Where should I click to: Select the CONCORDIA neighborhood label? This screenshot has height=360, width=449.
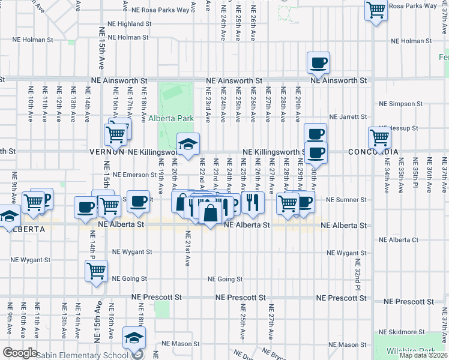click(x=373, y=152)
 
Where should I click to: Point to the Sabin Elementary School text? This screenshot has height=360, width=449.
click(x=83, y=355)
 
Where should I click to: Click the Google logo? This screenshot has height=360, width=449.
click(x=19, y=353)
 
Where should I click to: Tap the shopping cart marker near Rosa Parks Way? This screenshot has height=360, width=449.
click(x=376, y=10)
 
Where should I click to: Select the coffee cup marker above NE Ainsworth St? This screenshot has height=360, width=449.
click(x=318, y=62)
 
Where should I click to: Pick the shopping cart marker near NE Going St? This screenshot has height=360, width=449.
click(x=96, y=271)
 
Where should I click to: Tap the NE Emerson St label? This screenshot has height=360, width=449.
click(x=134, y=175)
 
